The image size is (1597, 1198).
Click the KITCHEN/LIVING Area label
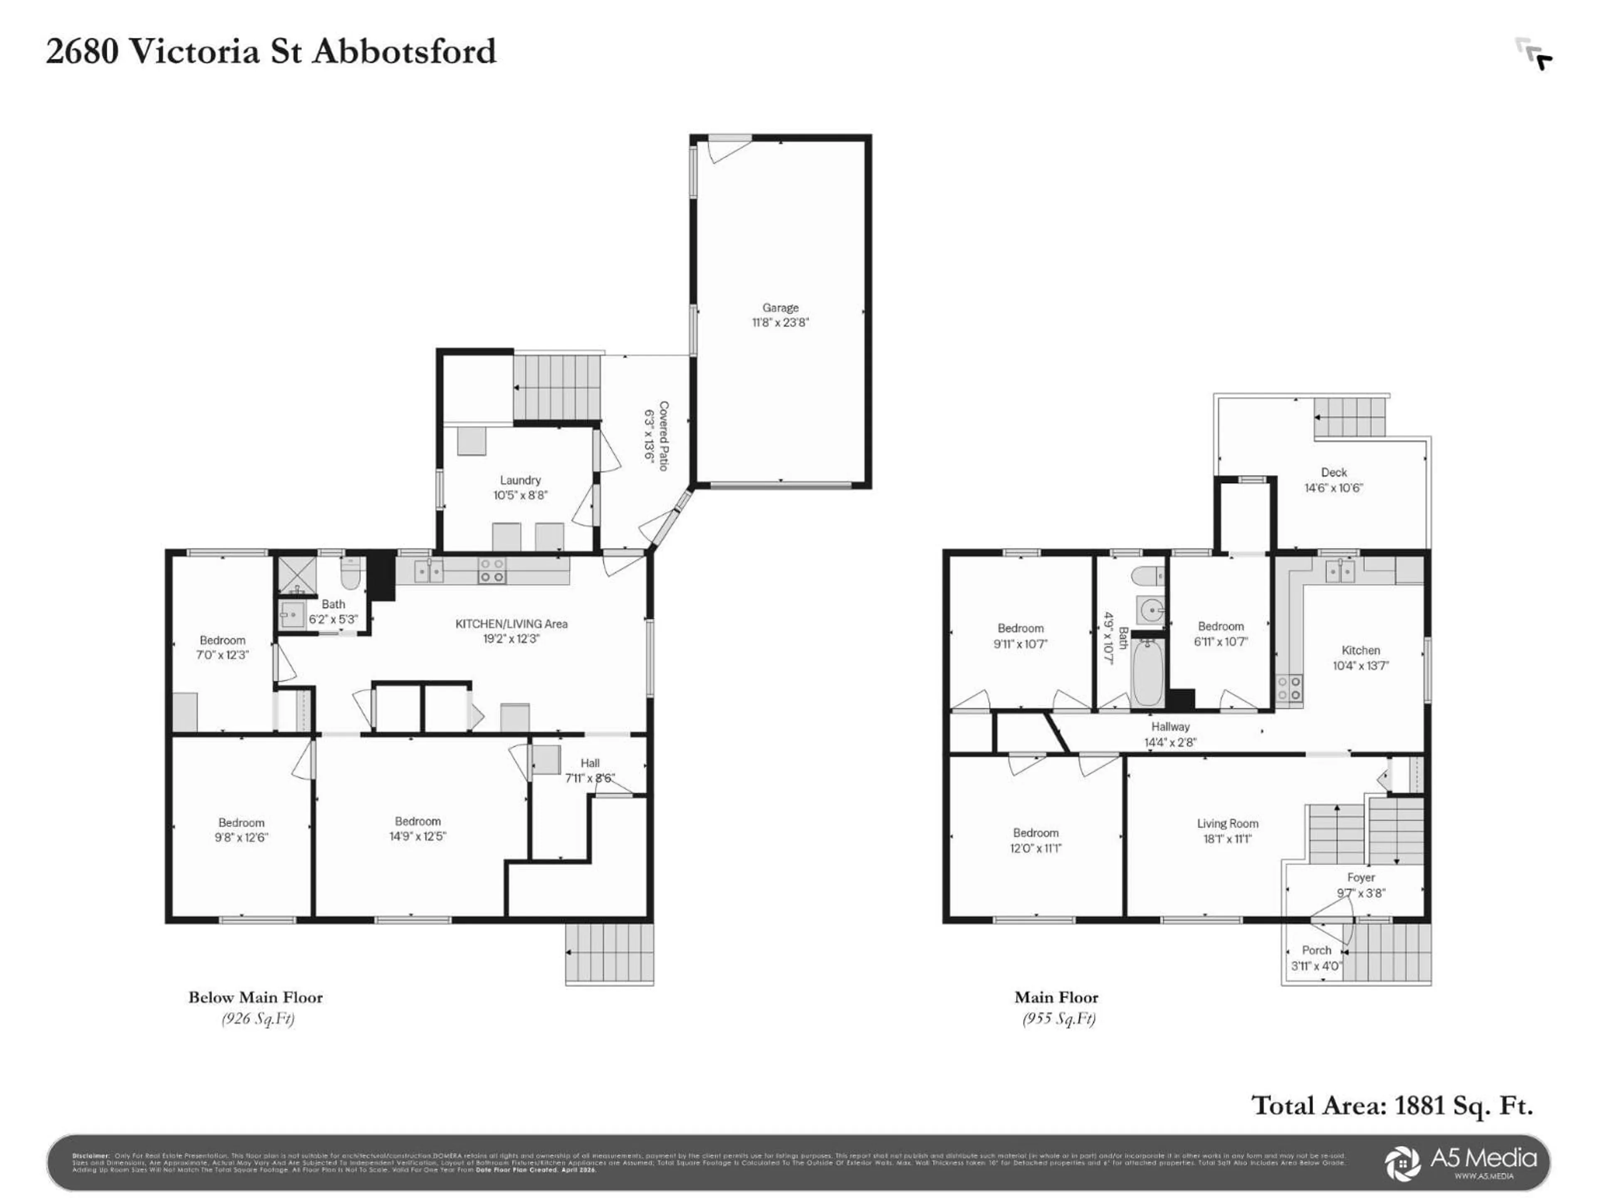click(x=511, y=624)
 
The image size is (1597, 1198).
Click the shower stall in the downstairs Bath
click(x=293, y=575)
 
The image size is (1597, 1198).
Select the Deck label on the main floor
click(x=1333, y=472)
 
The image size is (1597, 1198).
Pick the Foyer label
click(x=1360, y=877)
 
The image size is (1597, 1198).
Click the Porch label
click(x=1316, y=950)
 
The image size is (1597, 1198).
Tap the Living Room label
click(x=1227, y=823)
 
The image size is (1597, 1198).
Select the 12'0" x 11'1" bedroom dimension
click(x=1035, y=849)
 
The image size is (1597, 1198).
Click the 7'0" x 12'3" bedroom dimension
click(x=222, y=655)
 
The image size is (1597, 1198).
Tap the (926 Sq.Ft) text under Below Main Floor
click(x=258, y=1019)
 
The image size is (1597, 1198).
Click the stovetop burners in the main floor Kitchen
click(x=1289, y=688)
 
